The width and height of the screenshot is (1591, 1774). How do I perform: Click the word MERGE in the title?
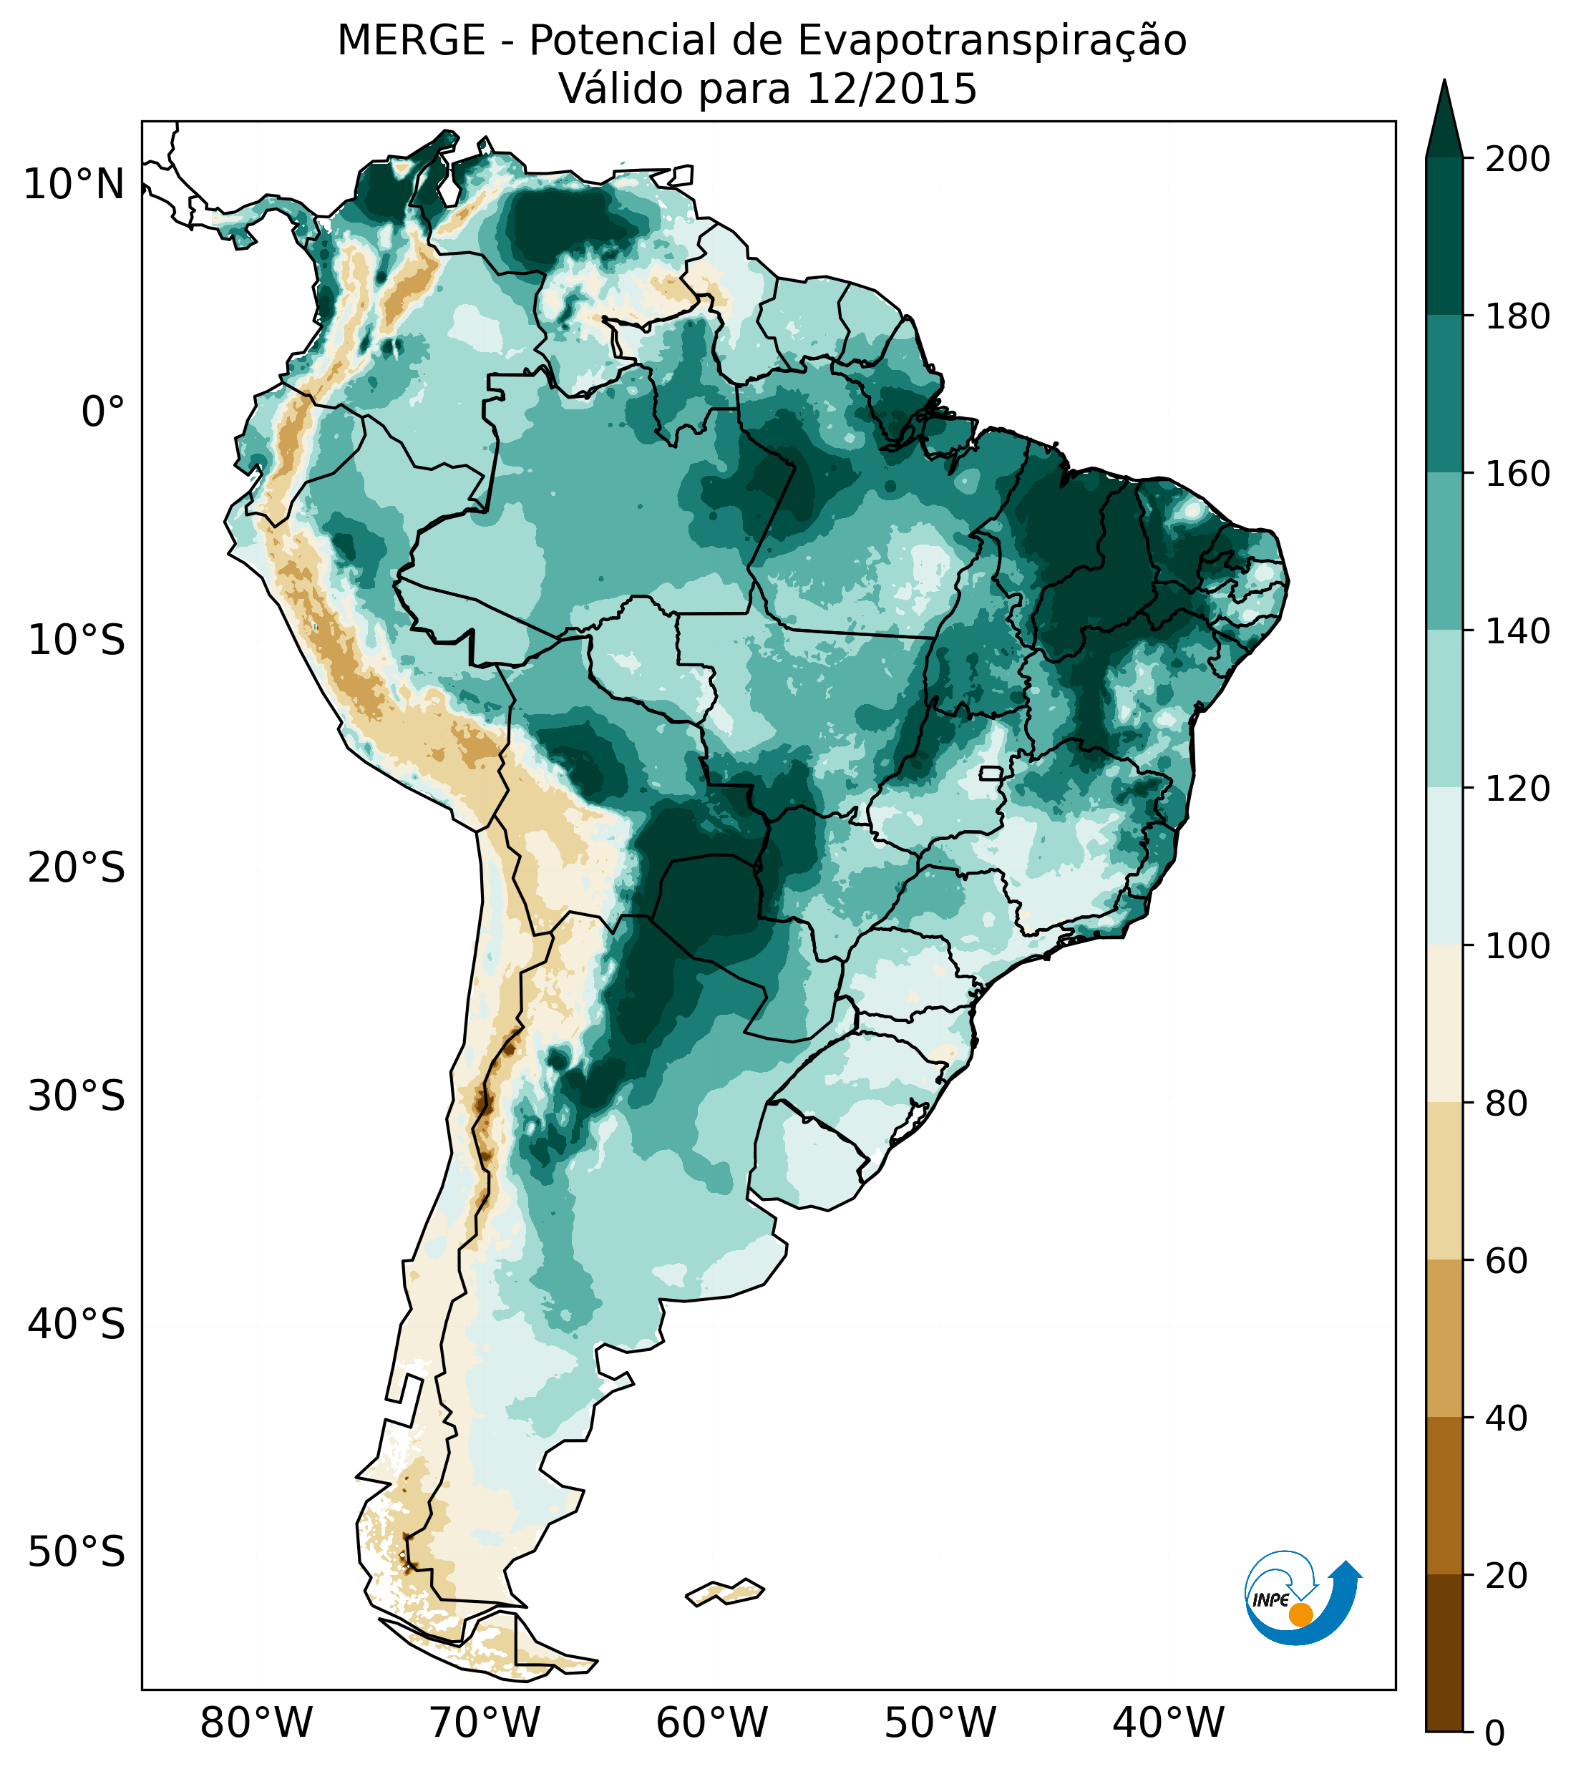pyautogui.click(x=411, y=41)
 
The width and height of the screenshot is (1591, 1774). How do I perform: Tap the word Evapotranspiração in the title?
pyautogui.click(x=991, y=41)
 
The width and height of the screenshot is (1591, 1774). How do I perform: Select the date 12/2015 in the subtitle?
pyautogui.click(x=892, y=89)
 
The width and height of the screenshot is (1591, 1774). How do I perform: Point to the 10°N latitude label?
pyautogui.click(x=74, y=185)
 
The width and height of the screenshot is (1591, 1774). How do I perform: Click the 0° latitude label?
pyautogui.click(x=103, y=412)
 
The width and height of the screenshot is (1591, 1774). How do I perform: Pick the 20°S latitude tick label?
pyautogui.click(x=77, y=869)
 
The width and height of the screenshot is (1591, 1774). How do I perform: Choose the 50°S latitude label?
pyautogui.click(x=77, y=1553)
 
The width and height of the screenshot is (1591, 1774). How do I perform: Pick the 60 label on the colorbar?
pyautogui.click(x=1507, y=1261)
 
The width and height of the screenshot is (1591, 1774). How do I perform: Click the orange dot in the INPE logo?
pyautogui.click(x=1300, y=1614)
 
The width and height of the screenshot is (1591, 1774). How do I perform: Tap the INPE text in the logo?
pyautogui.click(x=1271, y=1600)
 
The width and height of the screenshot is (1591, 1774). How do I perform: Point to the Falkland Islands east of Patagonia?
pyautogui.click(x=726, y=1592)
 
